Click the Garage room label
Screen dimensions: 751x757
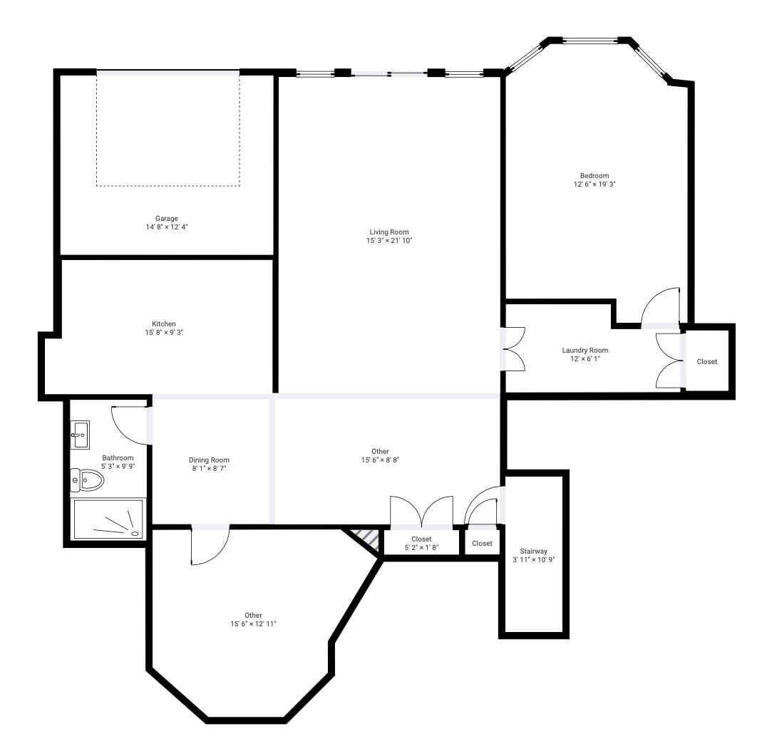(x=166, y=218)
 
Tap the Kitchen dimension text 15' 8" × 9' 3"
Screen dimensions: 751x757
(x=164, y=332)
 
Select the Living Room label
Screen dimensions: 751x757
(x=388, y=232)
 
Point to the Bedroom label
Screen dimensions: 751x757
(x=594, y=176)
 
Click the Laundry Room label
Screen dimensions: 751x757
(x=585, y=350)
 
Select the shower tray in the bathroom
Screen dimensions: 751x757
(x=109, y=519)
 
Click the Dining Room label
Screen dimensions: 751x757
(x=209, y=460)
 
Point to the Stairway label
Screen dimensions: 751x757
(x=533, y=551)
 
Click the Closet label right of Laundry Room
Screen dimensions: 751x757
(x=706, y=361)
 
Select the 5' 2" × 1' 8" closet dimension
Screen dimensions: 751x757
(x=421, y=548)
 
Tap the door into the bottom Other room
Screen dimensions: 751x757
(x=209, y=546)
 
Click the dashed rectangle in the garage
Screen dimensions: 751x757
(x=168, y=130)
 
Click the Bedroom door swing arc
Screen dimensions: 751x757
(x=660, y=306)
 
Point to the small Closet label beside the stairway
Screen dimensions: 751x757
(x=482, y=543)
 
